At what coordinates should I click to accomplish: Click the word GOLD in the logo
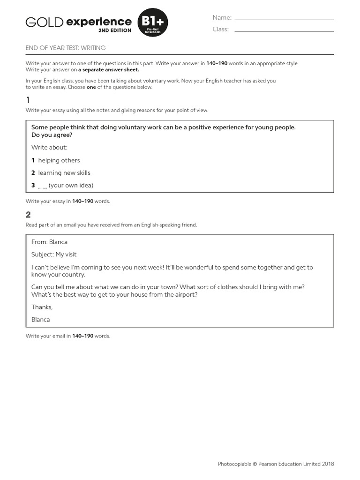click(x=45, y=22)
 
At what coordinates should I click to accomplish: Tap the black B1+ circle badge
click(x=152, y=23)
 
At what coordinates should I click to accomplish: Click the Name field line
click(x=284, y=19)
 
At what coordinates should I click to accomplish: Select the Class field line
click(x=284, y=31)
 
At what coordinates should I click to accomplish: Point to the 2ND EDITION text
click(x=114, y=30)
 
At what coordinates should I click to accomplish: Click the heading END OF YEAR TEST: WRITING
click(x=66, y=48)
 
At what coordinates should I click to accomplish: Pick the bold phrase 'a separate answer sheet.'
click(x=108, y=69)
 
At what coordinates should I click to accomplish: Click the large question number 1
click(x=28, y=100)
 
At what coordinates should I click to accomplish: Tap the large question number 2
click(x=29, y=215)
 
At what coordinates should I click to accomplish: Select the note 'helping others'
click(x=59, y=160)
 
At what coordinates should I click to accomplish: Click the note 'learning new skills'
click(x=64, y=172)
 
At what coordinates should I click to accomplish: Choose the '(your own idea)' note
click(x=71, y=185)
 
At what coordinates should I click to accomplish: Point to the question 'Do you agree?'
click(x=52, y=135)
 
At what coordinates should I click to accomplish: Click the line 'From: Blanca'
click(x=49, y=242)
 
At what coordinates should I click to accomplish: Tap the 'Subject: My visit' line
click(x=54, y=255)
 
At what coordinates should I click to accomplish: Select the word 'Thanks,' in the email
click(x=42, y=307)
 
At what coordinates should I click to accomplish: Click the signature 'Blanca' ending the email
click(x=40, y=319)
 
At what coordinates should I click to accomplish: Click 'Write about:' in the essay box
click(x=49, y=147)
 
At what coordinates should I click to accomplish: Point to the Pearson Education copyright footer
click(x=276, y=464)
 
